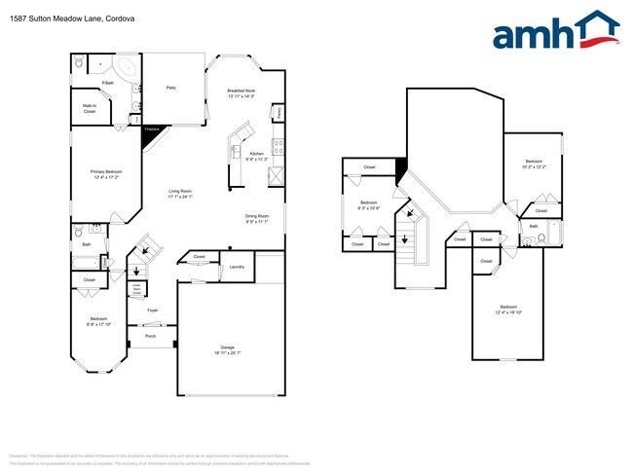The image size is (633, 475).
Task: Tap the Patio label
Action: pos(170,88)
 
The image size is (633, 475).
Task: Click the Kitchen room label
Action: pos(256,154)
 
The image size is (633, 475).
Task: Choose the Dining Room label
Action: pos(257,219)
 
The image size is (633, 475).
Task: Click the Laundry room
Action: pos(236,266)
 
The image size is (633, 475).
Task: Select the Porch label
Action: pos(150,336)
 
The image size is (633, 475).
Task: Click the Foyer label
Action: pos(152,311)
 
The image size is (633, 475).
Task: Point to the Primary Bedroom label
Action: pos(105,174)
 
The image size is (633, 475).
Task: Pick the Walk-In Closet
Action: pos(89,109)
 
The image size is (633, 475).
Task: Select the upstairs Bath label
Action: pos(533,227)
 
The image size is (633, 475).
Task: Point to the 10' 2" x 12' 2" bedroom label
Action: pos(534,164)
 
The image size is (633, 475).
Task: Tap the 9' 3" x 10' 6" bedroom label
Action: pos(368,207)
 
